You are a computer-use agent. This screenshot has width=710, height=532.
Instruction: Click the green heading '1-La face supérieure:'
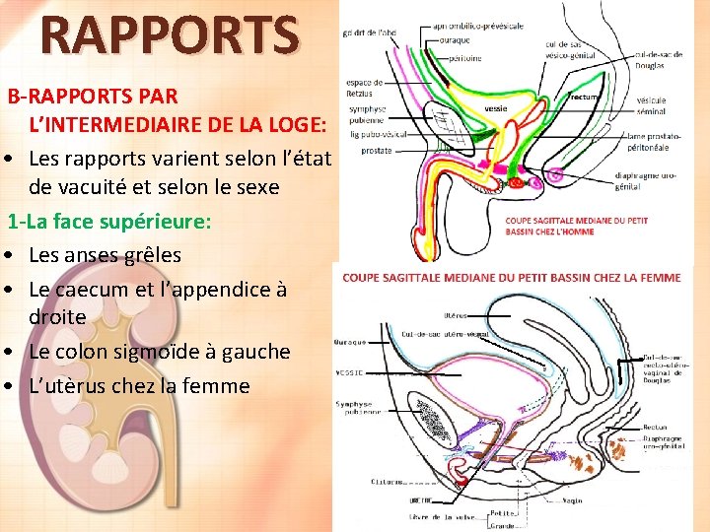tap(110, 221)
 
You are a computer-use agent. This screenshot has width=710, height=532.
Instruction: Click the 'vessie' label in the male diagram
tap(496, 107)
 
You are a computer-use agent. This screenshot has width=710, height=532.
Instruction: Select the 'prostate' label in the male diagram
tap(376, 151)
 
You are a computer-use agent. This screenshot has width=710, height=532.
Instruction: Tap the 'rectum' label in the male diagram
tap(585, 96)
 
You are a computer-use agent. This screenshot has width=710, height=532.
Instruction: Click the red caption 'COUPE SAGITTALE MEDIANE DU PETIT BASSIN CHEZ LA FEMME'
tap(512, 278)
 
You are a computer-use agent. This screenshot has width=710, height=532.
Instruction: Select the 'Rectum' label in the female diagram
tap(654, 427)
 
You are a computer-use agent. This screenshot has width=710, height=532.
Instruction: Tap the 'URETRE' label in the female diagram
tap(394, 499)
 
